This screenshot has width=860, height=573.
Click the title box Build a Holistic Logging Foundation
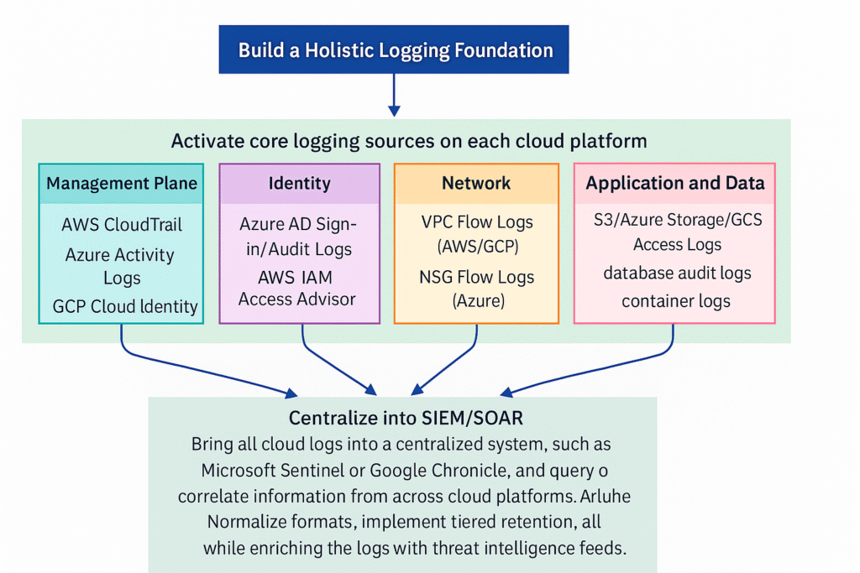[395, 49]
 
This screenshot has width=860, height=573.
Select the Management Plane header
[122, 183]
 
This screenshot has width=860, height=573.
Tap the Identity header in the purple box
[300, 183]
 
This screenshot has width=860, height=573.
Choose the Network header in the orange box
[476, 183]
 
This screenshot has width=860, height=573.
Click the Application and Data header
[675, 183]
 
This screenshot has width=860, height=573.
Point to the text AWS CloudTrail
[122, 225]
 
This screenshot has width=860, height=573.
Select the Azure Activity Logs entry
[120, 266]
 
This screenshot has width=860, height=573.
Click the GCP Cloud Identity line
[125, 306]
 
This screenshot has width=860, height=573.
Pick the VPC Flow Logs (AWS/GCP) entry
[477, 234]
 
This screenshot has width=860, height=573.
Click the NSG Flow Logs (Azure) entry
[477, 288]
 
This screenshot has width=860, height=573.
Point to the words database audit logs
[677, 273]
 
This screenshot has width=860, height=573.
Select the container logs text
[676, 300]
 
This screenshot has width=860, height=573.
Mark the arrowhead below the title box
[394, 110]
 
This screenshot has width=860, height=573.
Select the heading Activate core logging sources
[409, 140]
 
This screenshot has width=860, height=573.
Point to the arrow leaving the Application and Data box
[621, 369]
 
